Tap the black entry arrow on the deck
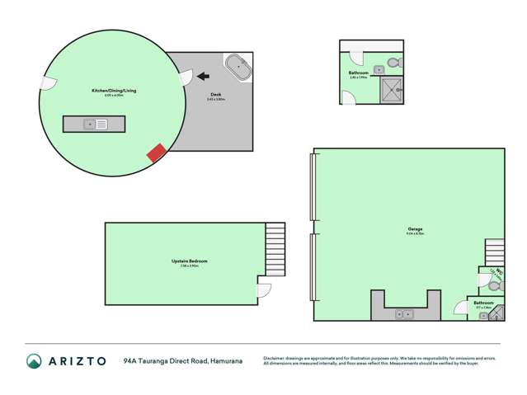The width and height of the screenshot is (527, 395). (x=201, y=78)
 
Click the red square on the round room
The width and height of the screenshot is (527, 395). (x=155, y=153)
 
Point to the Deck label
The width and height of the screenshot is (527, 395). (x=216, y=95)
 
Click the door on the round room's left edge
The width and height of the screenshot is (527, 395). (x=46, y=82)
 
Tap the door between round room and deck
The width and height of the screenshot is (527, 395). (x=186, y=78)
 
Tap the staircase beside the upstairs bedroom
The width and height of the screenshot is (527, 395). (x=275, y=248)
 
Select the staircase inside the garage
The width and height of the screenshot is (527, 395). (x=493, y=252)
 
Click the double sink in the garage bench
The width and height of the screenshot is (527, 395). (x=404, y=313)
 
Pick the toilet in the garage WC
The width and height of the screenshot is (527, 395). (x=495, y=284)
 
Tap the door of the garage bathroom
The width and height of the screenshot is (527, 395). (x=460, y=308)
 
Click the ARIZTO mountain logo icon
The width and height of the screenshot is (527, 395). (x=34, y=360)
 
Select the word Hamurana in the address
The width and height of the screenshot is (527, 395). (x=226, y=360)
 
